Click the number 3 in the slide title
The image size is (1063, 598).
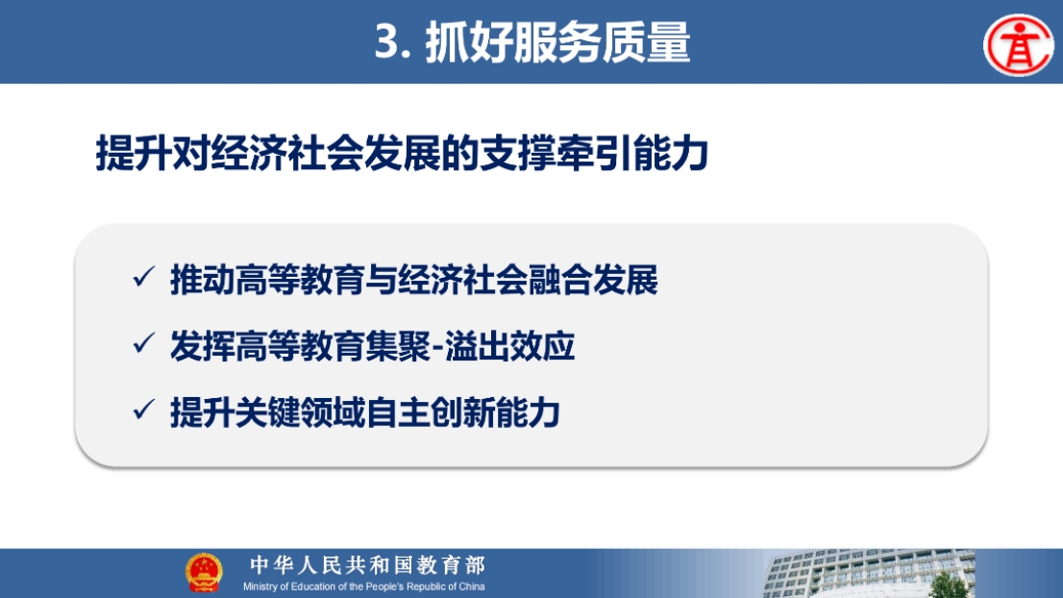point(386,41)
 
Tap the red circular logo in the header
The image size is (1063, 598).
point(1018,45)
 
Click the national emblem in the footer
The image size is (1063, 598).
point(204,573)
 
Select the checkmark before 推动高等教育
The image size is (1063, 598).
point(144,277)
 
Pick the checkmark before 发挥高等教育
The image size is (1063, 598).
point(144,343)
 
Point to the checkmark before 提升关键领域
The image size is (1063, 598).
point(144,410)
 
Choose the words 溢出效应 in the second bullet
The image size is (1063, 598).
point(509,346)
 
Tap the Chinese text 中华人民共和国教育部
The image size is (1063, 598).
point(367,564)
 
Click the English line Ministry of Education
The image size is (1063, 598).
point(364,586)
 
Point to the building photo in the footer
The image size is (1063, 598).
point(869,574)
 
